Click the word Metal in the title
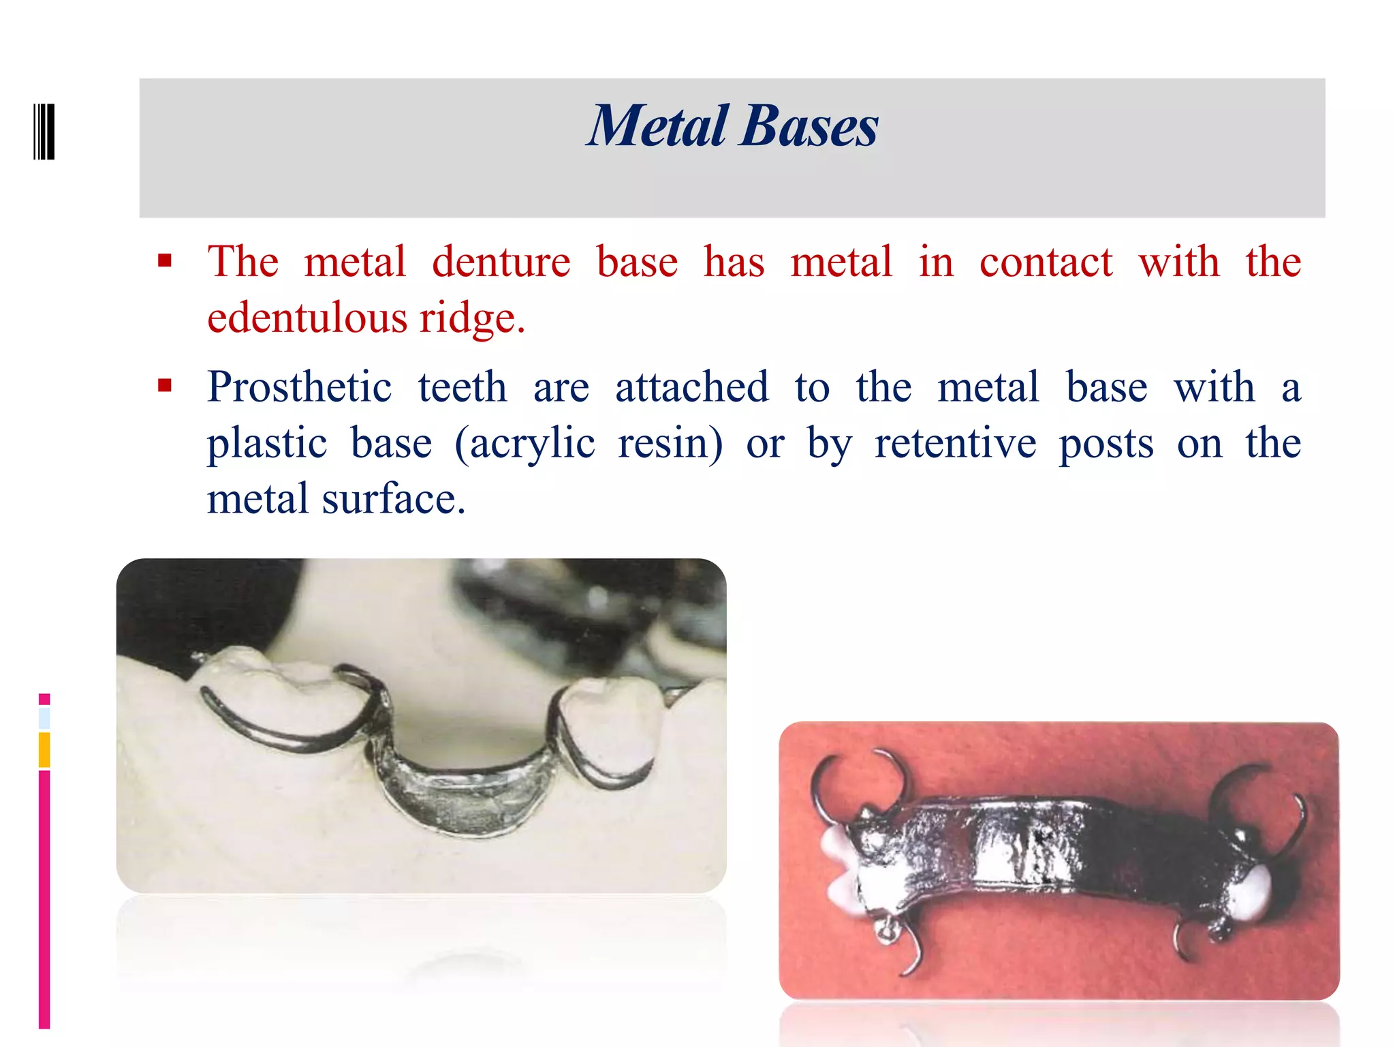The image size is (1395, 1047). click(658, 126)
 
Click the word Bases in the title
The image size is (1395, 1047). click(809, 126)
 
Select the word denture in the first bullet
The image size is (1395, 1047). click(501, 262)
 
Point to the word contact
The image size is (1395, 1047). click(1045, 262)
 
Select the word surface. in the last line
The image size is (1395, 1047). click(394, 499)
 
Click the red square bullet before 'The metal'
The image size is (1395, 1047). click(164, 260)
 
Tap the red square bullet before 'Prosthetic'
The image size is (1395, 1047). click(164, 386)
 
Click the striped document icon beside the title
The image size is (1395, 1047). click(44, 132)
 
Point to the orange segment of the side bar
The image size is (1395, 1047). click(44, 750)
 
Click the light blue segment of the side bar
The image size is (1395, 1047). click(44, 718)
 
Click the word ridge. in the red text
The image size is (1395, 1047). click(472, 318)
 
